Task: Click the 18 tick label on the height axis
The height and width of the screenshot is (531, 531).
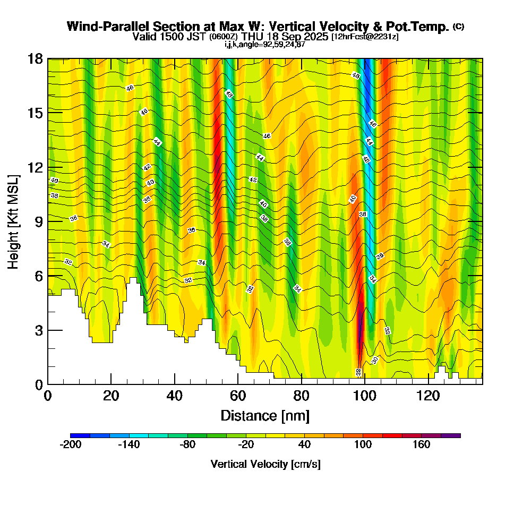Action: click(35, 58)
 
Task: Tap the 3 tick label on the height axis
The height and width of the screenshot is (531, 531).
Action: click(38, 330)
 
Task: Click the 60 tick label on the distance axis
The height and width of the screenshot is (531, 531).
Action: click(238, 396)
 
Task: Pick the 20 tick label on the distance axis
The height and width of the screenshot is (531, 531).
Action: click(111, 396)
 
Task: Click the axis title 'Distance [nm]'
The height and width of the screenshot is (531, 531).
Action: click(265, 415)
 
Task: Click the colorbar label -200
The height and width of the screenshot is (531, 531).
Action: click(71, 445)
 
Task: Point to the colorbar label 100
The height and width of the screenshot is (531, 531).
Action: click(363, 445)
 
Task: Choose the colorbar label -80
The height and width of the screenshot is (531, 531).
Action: click(187, 445)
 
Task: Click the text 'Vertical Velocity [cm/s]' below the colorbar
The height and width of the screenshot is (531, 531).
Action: click(265, 464)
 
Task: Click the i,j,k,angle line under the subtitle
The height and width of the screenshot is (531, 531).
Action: click(265, 44)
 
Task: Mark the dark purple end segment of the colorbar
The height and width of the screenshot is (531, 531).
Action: click(451, 435)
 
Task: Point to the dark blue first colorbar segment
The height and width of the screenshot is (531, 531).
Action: click(80, 435)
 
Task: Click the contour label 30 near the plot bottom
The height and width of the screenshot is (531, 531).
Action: click(375, 360)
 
